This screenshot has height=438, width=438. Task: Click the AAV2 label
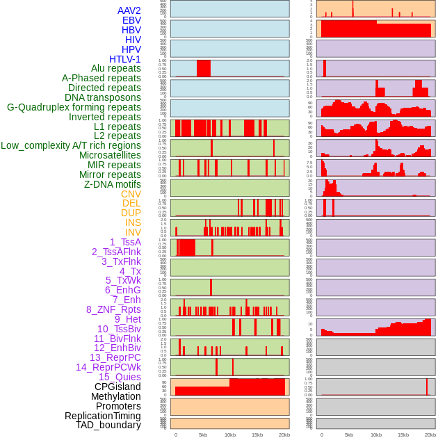tap(129, 10)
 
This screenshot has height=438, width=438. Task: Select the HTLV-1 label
tap(124, 59)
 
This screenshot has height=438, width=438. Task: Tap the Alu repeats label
tap(115, 69)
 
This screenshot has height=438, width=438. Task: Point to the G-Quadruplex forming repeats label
tap(74, 108)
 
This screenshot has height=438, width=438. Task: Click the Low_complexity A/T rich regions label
tap(70, 146)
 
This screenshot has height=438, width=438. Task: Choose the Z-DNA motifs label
tap(112, 184)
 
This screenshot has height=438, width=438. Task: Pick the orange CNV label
tap(131, 194)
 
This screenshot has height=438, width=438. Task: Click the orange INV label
tap(132, 232)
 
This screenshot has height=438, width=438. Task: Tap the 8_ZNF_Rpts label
tap(113, 309)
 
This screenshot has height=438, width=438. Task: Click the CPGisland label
tap(117, 387)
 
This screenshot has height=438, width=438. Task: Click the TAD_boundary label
tap(108, 425)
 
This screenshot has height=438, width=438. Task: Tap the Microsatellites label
tap(110, 155)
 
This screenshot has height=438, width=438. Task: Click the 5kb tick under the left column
tap(203, 435)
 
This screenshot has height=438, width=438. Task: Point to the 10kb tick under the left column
tap(230, 435)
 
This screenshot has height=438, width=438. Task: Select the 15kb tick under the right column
tap(403, 435)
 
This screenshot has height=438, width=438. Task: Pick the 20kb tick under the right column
tap(430, 435)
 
